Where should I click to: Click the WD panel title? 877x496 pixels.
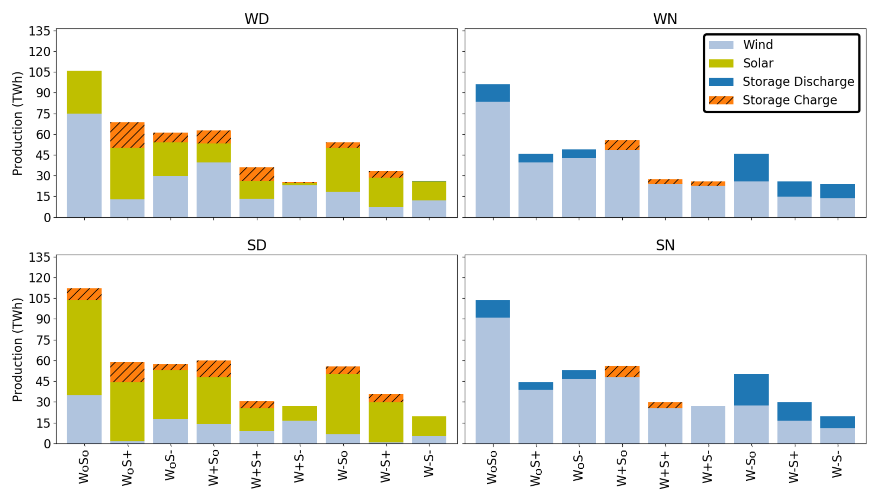pos(256,19)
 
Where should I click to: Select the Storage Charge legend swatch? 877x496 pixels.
pos(721,100)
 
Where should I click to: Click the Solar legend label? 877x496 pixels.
pos(758,63)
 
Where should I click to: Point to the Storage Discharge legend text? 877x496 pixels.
pos(798,82)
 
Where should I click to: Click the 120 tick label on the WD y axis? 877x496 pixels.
pos(39,52)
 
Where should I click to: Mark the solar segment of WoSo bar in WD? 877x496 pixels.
pos(84,92)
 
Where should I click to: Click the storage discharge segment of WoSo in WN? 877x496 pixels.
pos(492,93)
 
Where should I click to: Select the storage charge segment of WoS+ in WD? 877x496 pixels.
pos(127,135)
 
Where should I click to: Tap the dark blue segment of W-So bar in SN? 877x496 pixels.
pos(751,390)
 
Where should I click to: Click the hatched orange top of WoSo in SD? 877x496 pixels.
pos(84,294)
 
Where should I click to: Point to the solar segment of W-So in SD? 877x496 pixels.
pos(342,404)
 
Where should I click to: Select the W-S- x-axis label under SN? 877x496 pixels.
pos(837,466)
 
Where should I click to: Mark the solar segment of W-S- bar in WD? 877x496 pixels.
pos(429,191)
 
